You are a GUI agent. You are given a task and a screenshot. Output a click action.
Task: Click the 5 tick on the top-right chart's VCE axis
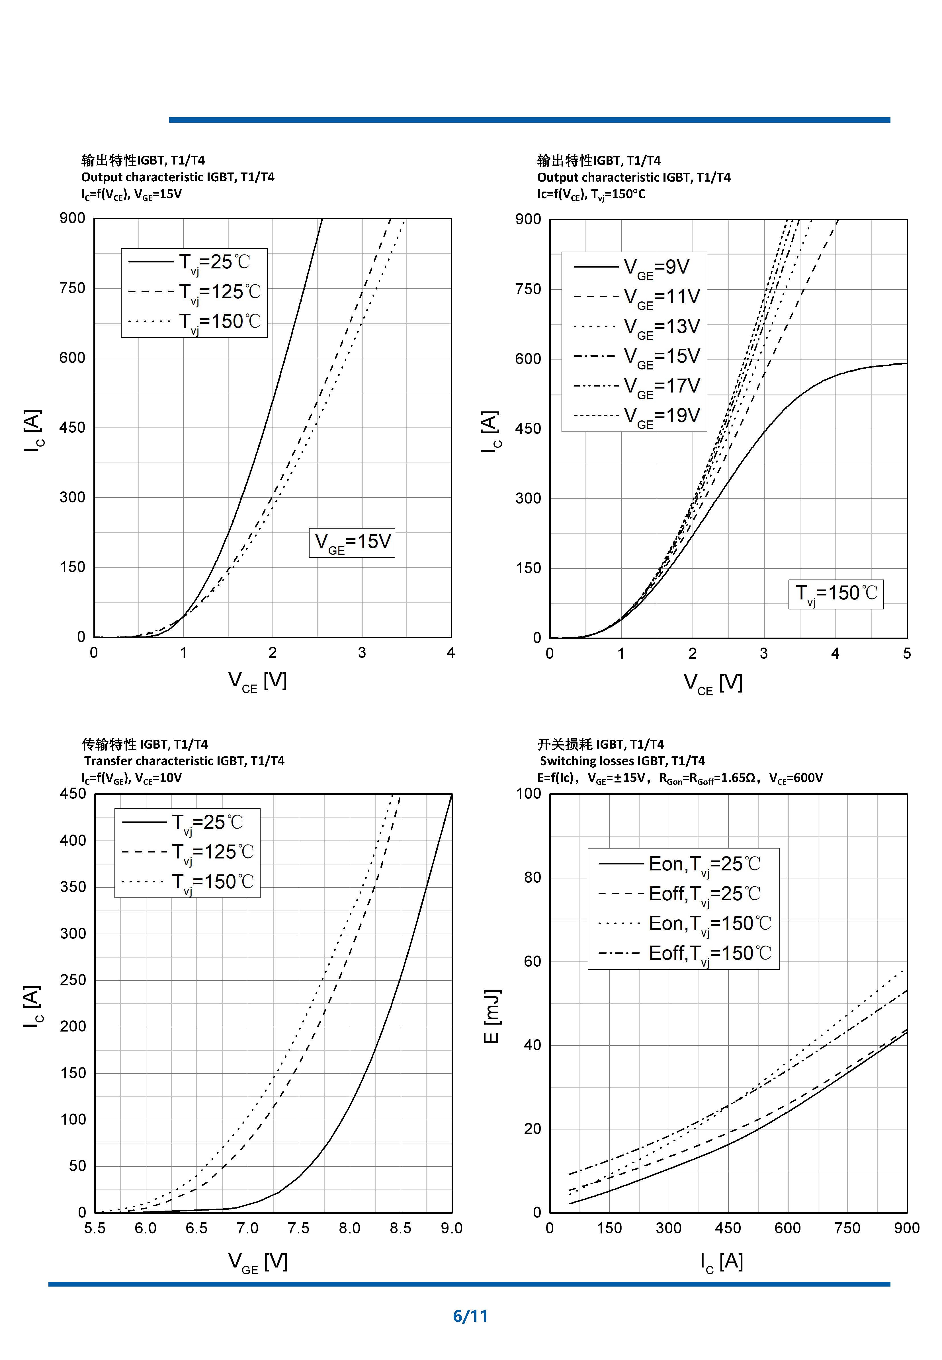(x=907, y=654)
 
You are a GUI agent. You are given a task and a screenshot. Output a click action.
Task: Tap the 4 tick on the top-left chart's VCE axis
(x=451, y=653)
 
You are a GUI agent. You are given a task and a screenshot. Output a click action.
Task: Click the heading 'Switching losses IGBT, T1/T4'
(x=622, y=761)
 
